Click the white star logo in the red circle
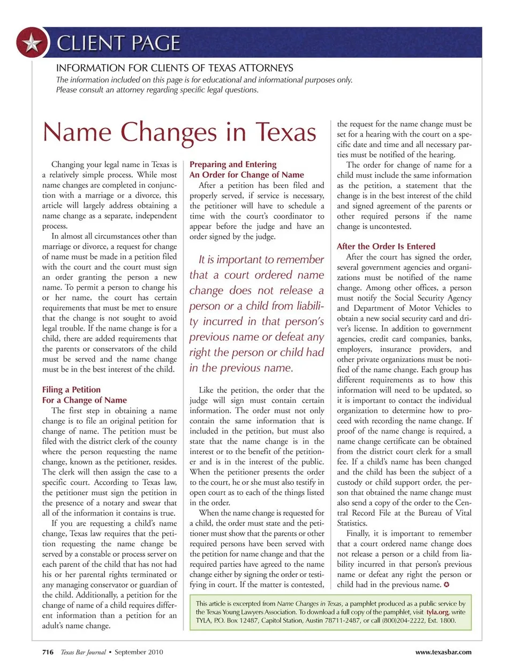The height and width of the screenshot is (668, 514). pyautogui.click(x=32, y=43)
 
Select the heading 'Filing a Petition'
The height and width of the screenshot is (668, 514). pyautogui.click(x=71, y=389)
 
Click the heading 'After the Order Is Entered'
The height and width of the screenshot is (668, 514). pyautogui.click(x=385, y=246)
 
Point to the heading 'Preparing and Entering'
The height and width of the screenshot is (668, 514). pyautogui.click(x=233, y=164)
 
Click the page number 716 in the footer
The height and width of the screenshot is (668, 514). pyautogui.click(x=48, y=652)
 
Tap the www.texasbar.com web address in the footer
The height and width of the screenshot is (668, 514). pyautogui.click(x=443, y=652)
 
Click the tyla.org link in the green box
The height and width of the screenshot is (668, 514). pyautogui.click(x=437, y=612)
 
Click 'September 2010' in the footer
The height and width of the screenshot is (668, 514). pyautogui.click(x=139, y=652)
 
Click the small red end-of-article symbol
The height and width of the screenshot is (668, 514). pyautogui.click(x=447, y=584)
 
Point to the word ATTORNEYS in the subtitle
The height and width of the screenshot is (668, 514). pyautogui.click(x=266, y=68)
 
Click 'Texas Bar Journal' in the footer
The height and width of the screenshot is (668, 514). pyautogui.click(x=83, y=652)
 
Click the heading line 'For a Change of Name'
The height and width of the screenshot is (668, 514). pyautogui.click(x=84, y=400)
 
